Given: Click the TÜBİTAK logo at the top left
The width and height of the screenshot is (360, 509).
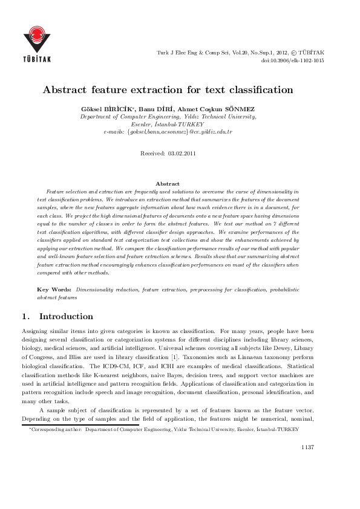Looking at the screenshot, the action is click(x=37, y=44).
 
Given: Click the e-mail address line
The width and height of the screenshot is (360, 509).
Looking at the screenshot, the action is click(x=168, y=131).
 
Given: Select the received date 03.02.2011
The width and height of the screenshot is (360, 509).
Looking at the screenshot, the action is click(x=181, y=154).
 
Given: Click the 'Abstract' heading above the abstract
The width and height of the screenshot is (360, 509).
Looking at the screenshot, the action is click(x=168, y=183).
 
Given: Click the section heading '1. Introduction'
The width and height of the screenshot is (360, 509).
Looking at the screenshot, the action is click(x=57, y=316).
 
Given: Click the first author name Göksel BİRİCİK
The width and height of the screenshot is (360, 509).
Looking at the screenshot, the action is click(x=104, y=109).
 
